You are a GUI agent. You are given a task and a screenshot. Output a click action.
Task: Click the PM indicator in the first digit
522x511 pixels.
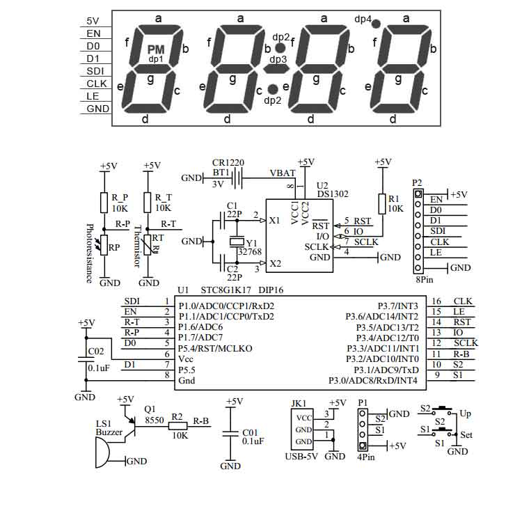155,49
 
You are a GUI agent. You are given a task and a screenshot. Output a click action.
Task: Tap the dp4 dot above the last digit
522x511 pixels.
376,24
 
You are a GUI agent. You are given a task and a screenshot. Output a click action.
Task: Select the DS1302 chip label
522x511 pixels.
332,195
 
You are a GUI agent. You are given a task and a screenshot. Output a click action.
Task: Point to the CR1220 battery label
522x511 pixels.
228,163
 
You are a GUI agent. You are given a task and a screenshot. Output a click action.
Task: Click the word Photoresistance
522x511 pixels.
89,253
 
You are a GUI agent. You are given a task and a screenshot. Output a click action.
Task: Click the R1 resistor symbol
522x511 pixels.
381,203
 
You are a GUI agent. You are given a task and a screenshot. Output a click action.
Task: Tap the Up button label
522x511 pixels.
465,414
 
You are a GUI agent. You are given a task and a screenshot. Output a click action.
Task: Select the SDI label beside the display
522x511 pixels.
95,71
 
